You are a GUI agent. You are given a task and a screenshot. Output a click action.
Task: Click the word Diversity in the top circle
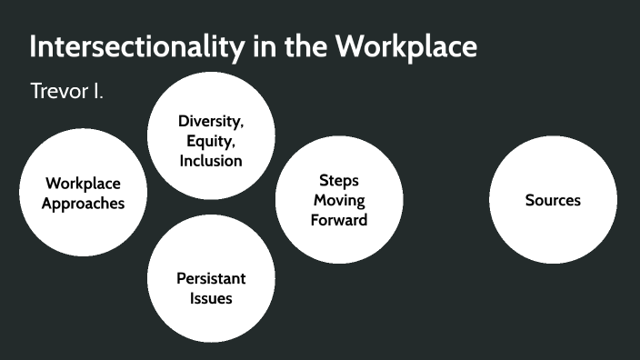coord(211,121)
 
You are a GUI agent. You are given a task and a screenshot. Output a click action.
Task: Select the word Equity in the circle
coord(211,141)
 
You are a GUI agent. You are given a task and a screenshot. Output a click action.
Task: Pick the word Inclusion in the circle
coord(211,161)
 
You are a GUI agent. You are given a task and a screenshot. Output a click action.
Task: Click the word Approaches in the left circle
coord(84,203)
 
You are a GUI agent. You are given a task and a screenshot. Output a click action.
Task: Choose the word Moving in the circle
coord(338,200)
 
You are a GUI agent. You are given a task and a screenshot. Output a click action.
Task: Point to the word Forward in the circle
coord(338,220)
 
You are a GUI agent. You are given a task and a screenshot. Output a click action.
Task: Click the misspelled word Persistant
coord(211,278)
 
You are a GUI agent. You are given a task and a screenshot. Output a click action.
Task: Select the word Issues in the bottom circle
coord(211,298)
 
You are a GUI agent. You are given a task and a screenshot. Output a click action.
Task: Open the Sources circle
coord(553,200)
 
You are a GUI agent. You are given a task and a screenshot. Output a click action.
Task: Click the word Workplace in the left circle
coord(84,183)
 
